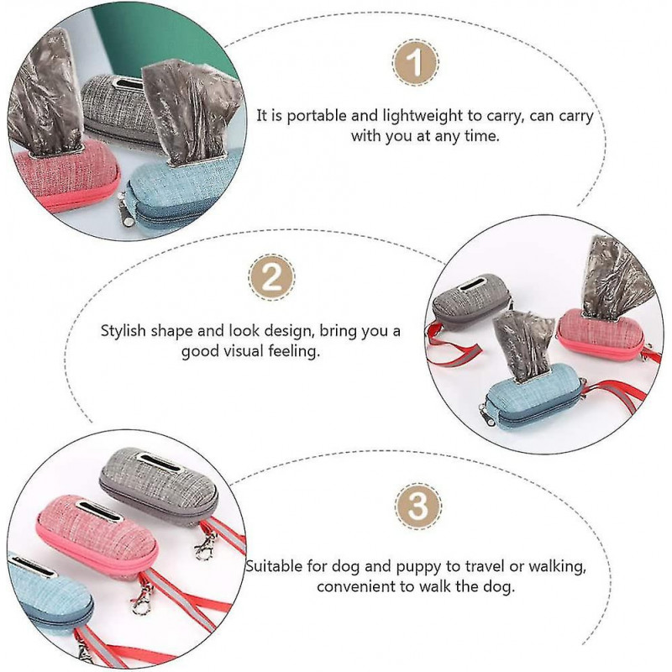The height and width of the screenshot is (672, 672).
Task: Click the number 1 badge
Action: point(415,63)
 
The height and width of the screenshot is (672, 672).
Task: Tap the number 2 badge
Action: point(271,277)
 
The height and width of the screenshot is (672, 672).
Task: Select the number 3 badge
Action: point(417,506)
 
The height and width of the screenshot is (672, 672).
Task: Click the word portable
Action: point(317,116)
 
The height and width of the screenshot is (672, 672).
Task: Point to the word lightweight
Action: point(423,116)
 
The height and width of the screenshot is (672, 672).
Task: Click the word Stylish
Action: point(123,331)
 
